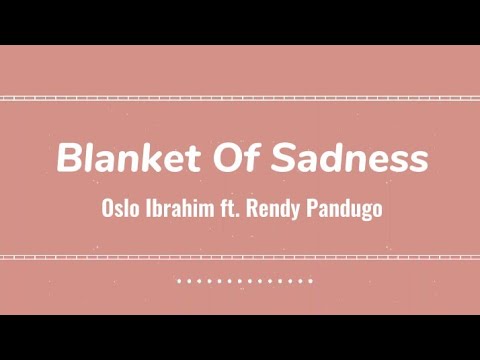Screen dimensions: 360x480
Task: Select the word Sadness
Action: [x=348, y=158]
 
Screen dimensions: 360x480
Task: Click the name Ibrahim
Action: [x=183, y=212]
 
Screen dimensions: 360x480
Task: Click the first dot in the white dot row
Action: [x=179, y=281]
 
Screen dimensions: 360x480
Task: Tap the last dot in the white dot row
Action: [x=312, y=281]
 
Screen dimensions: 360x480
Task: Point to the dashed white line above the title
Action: [x=240, y=98]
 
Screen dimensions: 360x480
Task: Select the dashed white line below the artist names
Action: [x=240, y=257]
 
